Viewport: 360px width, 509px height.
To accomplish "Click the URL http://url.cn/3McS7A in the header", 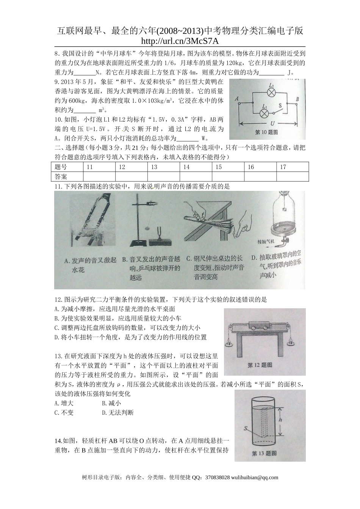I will click(180, 41).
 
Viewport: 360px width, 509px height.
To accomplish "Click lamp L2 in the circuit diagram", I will click(271, 93).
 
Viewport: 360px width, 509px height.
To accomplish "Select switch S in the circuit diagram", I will click(281, 111).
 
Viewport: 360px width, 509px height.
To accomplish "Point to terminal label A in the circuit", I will click(237, 99).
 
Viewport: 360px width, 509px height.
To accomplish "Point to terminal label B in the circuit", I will click(297, 99).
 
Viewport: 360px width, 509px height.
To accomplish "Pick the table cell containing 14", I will click(196, 167).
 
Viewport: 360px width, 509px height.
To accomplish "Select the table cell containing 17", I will click(293, 167).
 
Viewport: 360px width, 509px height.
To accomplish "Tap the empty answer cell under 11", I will click(99, 176).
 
